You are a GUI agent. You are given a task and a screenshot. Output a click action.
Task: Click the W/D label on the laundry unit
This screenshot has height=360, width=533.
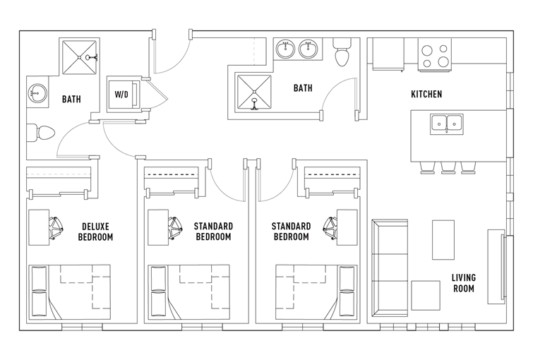click(121, 94)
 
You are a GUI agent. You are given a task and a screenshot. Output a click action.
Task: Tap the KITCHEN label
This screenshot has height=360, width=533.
click(426, 94)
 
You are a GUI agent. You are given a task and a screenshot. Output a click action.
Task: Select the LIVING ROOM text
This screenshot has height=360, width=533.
click(463, 283)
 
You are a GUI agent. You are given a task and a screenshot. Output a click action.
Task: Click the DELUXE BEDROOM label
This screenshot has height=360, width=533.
click(95, 232)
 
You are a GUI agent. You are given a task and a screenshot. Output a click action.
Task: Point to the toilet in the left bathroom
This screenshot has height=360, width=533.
click(41, 133)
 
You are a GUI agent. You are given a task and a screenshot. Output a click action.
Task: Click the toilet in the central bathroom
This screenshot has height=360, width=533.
click(342, 52)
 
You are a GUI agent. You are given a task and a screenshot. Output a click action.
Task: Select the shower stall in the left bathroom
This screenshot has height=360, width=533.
click(79, 56)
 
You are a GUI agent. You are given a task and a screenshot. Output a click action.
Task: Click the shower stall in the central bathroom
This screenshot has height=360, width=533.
click(254, 92)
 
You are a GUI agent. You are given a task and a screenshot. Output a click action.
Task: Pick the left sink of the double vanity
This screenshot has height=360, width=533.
click(285, 49)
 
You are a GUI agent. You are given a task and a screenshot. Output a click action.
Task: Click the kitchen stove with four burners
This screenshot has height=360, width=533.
click(434, 55)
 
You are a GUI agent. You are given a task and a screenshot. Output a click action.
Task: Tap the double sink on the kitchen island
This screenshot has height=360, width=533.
click(446, 124)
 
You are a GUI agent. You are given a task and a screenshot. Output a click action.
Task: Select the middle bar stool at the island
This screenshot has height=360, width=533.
click(448, 168)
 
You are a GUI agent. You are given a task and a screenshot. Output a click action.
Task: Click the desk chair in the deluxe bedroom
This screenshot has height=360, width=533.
click(56, 228)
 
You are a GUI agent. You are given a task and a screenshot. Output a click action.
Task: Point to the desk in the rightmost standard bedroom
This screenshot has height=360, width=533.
click(347, 227)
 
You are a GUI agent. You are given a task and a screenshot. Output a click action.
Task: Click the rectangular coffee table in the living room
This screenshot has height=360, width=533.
click(443, 240)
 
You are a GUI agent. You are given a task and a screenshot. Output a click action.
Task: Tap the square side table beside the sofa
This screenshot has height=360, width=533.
click(426, 295)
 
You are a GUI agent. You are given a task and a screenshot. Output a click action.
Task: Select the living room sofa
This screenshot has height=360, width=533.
click(390, 268)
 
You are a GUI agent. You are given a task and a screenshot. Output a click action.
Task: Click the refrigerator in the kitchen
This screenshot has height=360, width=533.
click(388, 54)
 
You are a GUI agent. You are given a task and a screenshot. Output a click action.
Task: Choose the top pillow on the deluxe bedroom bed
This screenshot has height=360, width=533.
click(39, 278)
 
